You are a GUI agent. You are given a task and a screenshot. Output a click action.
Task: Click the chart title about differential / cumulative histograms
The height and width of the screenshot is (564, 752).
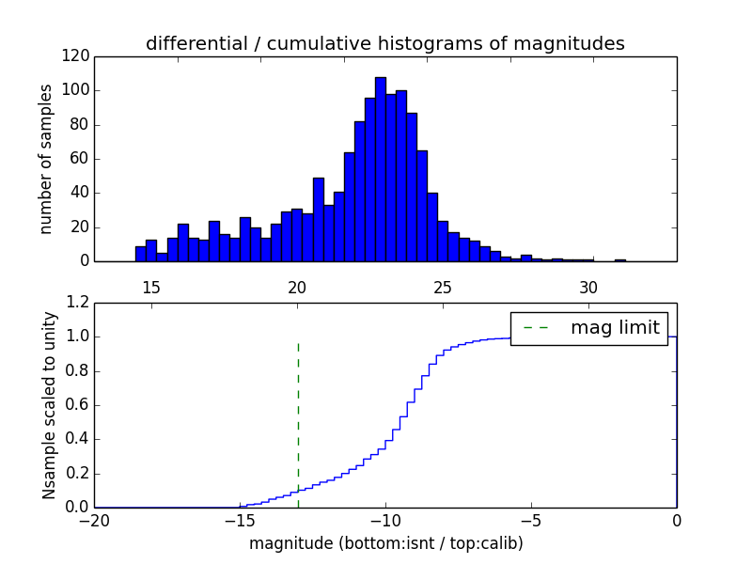click(384, 43)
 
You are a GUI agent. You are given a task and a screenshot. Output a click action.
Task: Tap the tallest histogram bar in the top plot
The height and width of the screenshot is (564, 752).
click(381, 169)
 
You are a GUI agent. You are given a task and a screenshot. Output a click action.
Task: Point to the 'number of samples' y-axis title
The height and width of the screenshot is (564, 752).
click(45, 159)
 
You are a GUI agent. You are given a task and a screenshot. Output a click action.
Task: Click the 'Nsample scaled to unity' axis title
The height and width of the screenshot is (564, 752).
click(49, 405)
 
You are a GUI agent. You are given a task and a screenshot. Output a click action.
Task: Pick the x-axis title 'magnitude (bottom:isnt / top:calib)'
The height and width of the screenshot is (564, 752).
click(385, 542)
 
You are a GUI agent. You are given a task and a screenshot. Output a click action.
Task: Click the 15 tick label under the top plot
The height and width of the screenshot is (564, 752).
click(151, 287)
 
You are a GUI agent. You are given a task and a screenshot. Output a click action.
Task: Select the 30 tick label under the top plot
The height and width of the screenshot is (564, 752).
click(588, 287)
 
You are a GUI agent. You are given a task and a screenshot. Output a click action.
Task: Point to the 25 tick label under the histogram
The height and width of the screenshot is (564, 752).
click(443, 287)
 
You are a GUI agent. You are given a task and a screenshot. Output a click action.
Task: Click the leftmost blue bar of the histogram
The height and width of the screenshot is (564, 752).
click(141, 254)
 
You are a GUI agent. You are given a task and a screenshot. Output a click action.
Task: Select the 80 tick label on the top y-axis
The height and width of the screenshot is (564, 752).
click(80, 125)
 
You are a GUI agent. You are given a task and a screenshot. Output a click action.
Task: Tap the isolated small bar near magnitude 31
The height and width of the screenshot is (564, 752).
click(620, 259)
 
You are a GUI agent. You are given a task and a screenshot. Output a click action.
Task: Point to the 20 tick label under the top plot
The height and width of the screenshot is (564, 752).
click(297, 287)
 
